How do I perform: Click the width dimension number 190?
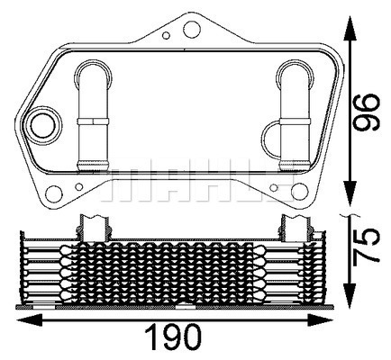[x=174, y=339]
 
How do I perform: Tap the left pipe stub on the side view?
[x=93, y=225]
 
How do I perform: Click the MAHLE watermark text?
[x=194, y=175]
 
